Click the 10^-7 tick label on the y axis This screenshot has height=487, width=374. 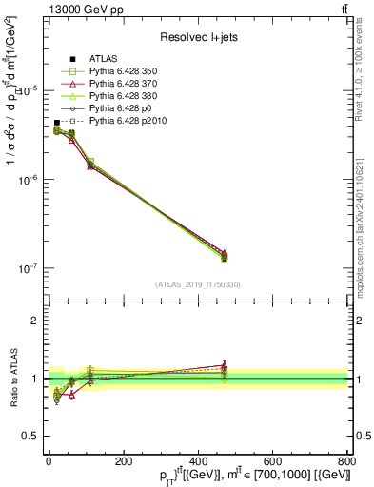(x=27, y=269)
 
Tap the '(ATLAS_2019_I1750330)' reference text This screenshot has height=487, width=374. (x=197, y=284)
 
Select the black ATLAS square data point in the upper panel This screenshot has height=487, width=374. (x=57, y=123)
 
